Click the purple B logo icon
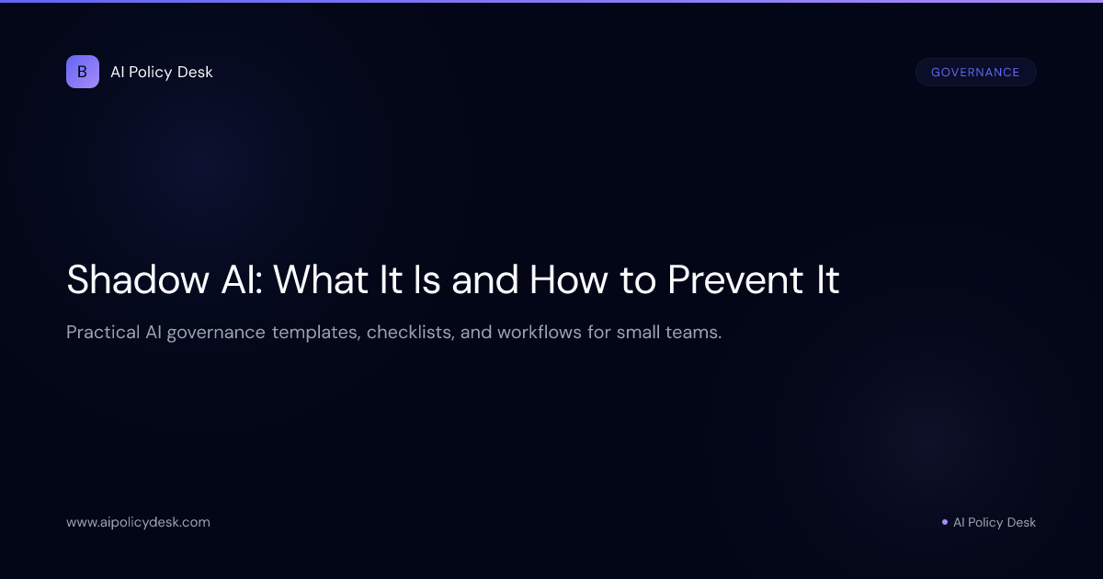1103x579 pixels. click(83, 72)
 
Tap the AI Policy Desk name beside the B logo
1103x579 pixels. click(162, 72)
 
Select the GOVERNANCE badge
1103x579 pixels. click(975, 73)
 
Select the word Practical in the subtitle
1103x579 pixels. click(102, 332)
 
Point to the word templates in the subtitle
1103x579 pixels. click(315, 333)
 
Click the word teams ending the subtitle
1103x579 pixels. click(696, 332)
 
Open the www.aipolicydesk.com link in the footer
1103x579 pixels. click(138, 522)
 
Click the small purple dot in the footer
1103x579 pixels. click(945, 522)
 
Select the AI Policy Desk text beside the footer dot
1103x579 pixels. click(995, 522)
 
